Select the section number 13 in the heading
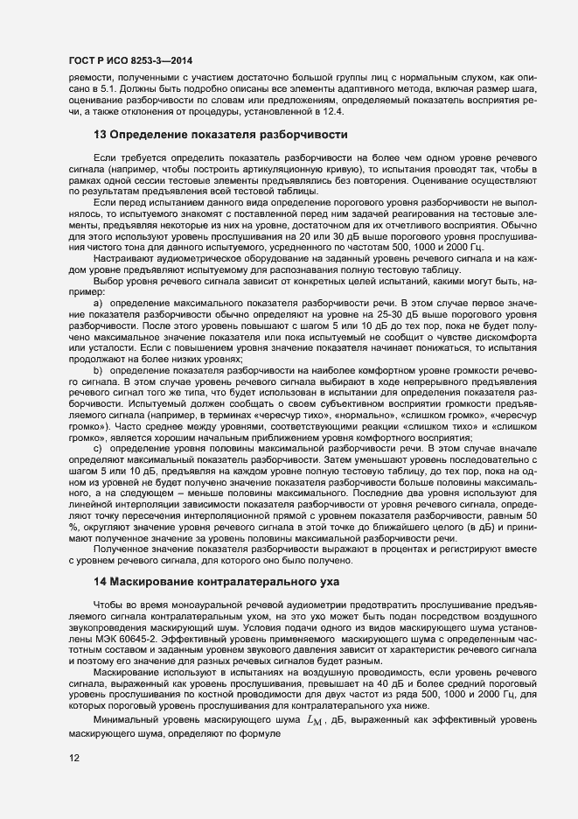tap(100, 135)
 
